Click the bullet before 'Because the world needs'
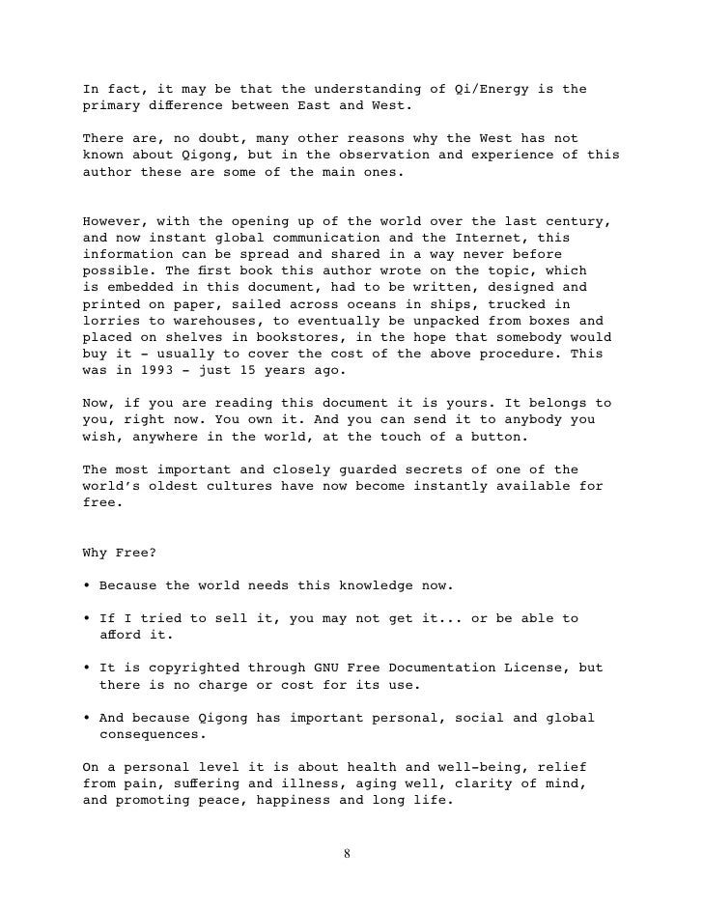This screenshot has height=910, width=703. click(88, 586)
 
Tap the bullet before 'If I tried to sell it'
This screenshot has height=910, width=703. click(88, 619)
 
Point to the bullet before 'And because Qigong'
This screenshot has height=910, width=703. click(88, 718)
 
